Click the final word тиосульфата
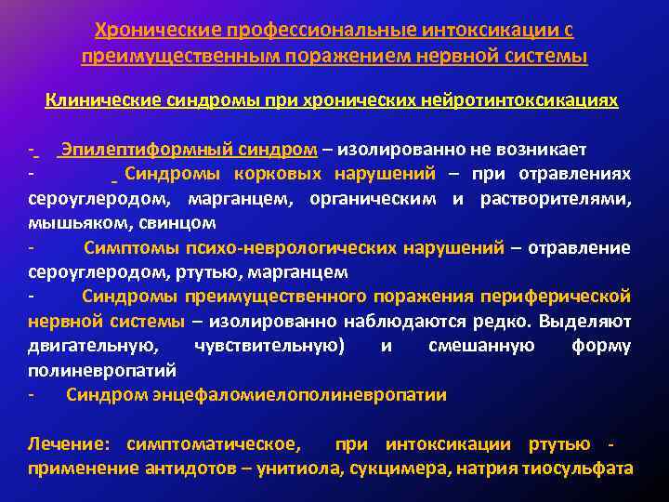579,468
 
